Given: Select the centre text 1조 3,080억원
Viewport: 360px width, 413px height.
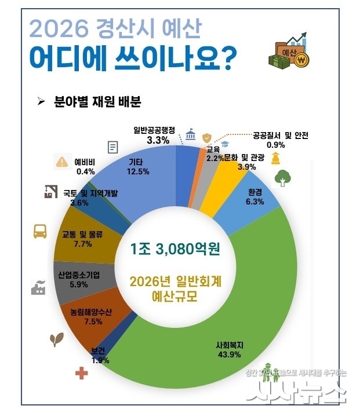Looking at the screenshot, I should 177,250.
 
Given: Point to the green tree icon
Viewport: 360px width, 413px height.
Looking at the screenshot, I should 283,178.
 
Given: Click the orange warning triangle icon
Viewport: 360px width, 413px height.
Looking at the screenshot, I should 61,162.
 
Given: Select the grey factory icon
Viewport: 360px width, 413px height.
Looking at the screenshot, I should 38,287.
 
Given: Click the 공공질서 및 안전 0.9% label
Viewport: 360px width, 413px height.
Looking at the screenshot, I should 281,140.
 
